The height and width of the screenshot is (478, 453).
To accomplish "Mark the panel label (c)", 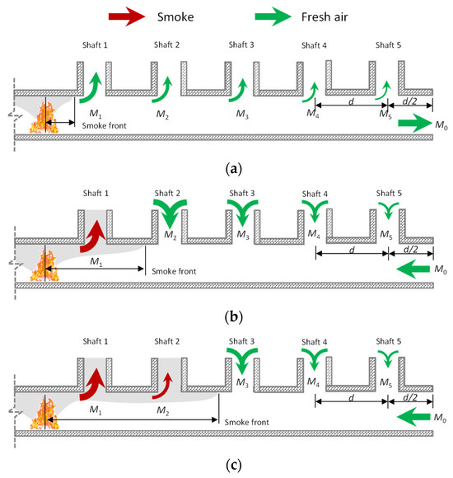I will [x=226, y=465].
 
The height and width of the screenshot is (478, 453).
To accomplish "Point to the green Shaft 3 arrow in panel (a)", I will [x=242, y=88].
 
